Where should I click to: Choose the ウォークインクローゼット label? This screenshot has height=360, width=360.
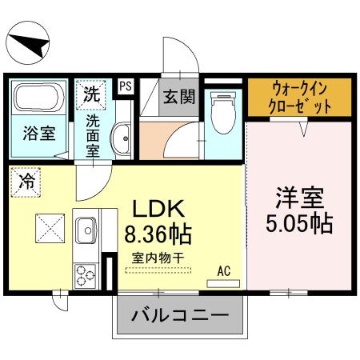298,97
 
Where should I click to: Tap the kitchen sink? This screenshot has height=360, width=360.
86,232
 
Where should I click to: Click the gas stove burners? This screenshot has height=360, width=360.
85,274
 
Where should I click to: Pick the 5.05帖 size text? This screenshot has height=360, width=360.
299,222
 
